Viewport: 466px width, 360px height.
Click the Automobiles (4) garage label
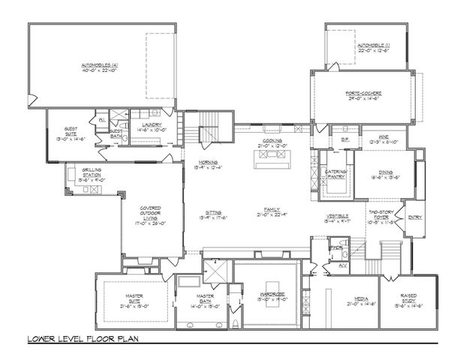101,66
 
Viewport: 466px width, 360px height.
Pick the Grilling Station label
92,176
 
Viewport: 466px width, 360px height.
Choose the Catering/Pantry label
335,175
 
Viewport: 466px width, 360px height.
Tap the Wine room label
383,139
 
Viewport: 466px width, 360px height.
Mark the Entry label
414,217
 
